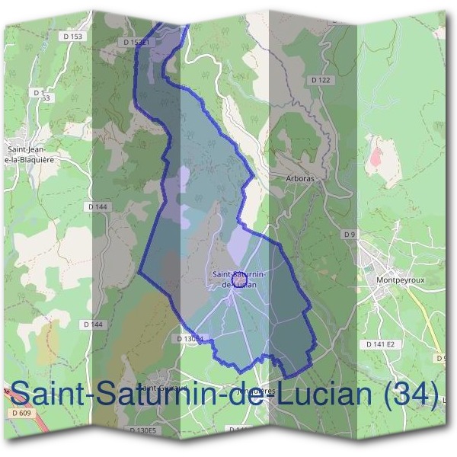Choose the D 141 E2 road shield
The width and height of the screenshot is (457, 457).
[x=381, y=344]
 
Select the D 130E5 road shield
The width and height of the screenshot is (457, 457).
[x=142, y=430]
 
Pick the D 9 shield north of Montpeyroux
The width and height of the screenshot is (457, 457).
[x=350, y=234]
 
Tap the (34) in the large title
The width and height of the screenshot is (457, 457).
[x=411, y=394]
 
